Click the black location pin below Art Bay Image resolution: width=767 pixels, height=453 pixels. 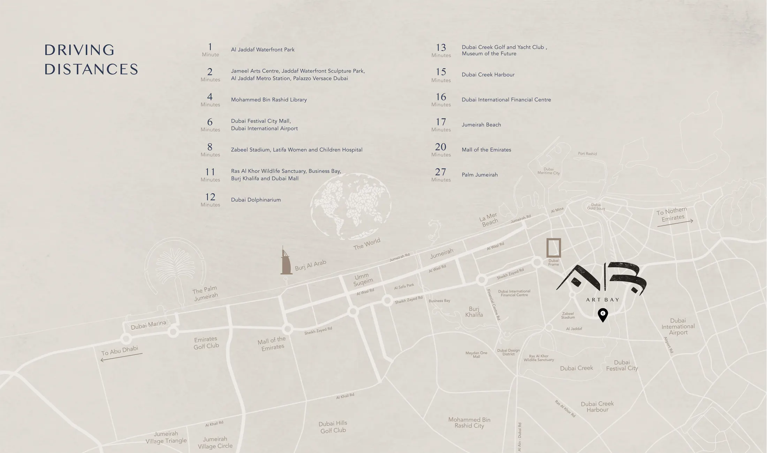point(603,314)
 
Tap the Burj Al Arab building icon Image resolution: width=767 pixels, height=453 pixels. point(286,262)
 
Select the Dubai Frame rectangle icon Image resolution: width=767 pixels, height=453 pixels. point(553,248)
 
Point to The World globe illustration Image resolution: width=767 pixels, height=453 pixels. point(351,206)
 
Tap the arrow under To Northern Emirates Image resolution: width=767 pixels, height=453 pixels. point(675,223)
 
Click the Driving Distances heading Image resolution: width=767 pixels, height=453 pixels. point(91,60)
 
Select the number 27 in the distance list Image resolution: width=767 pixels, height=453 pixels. point(440,172)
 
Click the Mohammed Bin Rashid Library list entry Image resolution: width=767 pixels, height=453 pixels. point(269,100)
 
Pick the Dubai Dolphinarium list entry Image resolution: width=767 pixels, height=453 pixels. point(256,200)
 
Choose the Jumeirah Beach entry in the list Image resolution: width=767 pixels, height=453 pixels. point(481,125)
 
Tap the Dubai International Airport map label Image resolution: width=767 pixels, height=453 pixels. point(678,327)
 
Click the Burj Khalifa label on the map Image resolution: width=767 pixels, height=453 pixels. point(474,312)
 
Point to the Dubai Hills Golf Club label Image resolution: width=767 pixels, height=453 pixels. point(333,427)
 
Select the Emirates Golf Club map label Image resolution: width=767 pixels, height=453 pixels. point(206,342)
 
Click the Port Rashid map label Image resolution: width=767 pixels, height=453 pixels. point(587,154)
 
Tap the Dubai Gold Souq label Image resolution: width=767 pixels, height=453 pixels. point(596,207)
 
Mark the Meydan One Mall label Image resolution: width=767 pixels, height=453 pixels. point(476,355)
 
